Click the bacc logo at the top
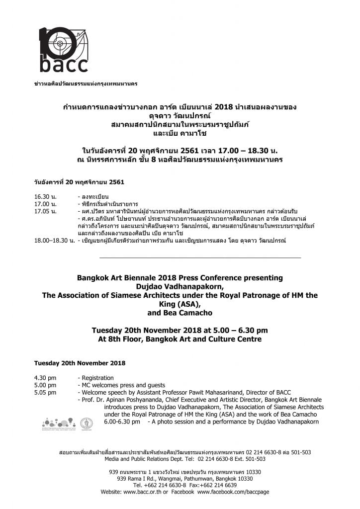pyautogui.click(x=63, y=49)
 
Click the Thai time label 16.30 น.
pyautogui.click(x=45, y=197)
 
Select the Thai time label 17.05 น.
pyautogui.click(x=45, y=211)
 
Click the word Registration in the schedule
pyautogui.click(x=97, y=378)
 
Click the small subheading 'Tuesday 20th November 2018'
pyautogui.click(x=80, y=363)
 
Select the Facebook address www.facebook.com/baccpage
pyautogui.click(x=233, y=492)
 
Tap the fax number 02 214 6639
pyautogui.click(x=221, y=485)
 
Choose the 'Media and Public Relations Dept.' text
pyautogui.click(x=140, y=459)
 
